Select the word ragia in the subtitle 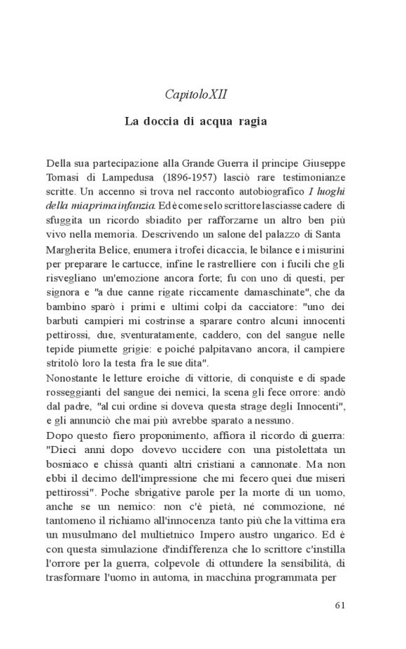251,121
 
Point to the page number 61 340,606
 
